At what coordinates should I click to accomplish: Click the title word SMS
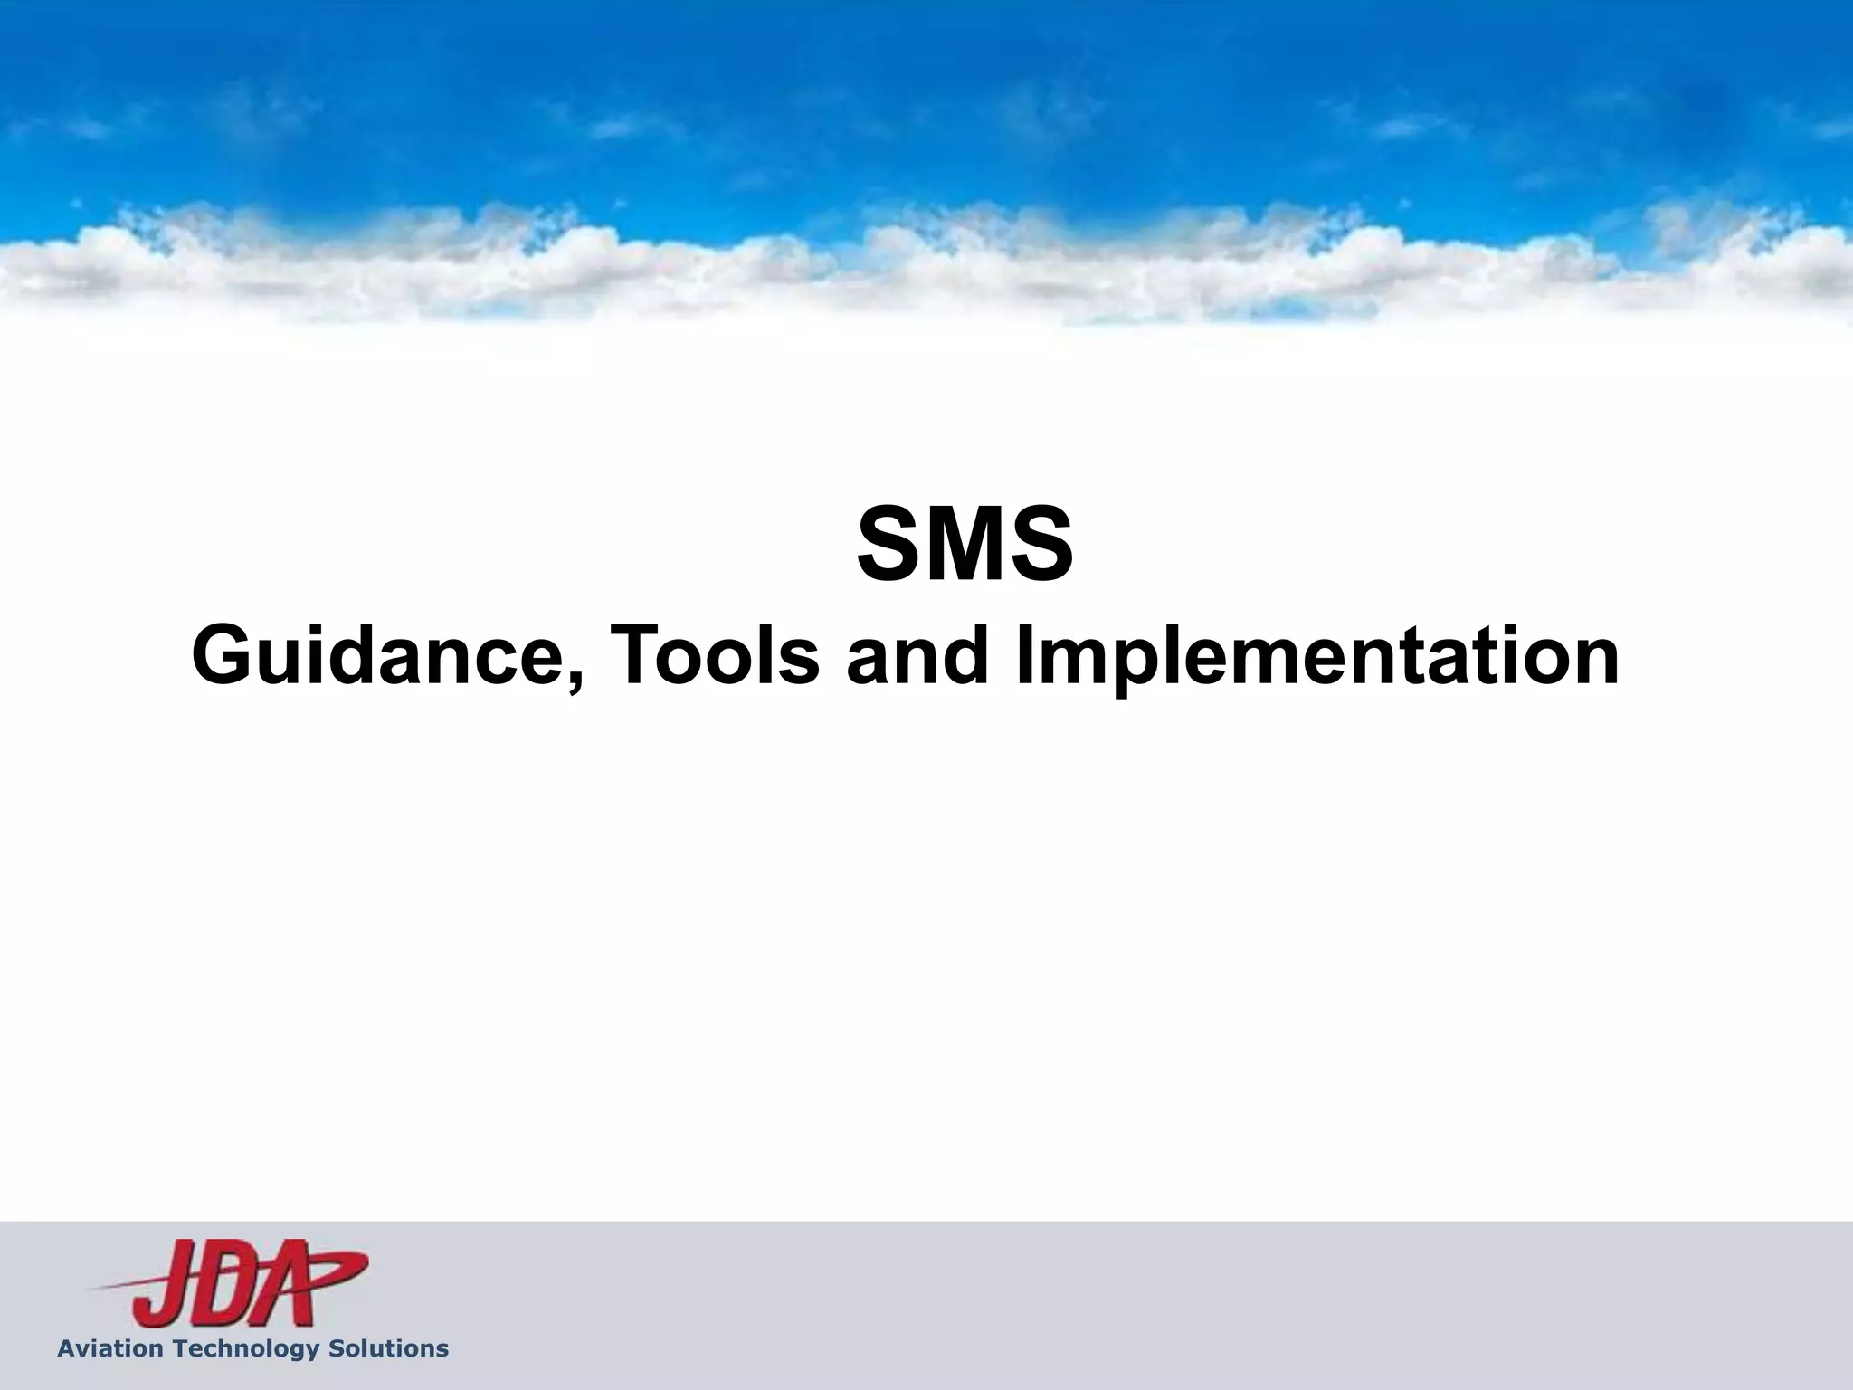coord(965,546)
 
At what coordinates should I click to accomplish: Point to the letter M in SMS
coord(965,546)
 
